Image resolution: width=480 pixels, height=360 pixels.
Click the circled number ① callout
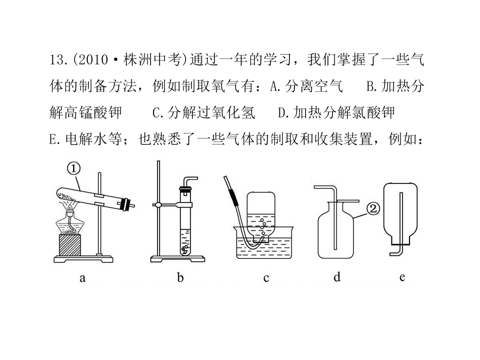coord(73,168)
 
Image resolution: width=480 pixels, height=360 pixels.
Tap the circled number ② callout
coord(373,209)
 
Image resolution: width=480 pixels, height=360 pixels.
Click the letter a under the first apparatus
coord(82,278)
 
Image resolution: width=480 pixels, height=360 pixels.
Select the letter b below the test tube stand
coord(180,277)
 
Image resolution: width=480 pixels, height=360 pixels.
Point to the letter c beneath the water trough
coord(266,278)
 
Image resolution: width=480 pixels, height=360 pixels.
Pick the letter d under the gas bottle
coord(336,276)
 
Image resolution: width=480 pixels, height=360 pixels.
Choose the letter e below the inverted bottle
coord(402,277)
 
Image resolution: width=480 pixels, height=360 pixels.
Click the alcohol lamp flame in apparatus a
coord(70,208)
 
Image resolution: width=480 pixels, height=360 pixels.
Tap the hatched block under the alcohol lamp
coord(70,245)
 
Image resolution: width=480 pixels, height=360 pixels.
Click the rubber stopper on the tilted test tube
coord(125,204)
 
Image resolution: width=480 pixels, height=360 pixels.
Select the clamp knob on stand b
coord(157,205)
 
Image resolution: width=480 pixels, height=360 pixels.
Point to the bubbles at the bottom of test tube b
coord(185,249)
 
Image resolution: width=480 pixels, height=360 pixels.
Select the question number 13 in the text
coord(57,59)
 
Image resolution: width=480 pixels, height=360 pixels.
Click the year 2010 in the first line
coord(93,59)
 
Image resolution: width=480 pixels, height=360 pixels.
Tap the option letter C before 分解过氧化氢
coord(156,113)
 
